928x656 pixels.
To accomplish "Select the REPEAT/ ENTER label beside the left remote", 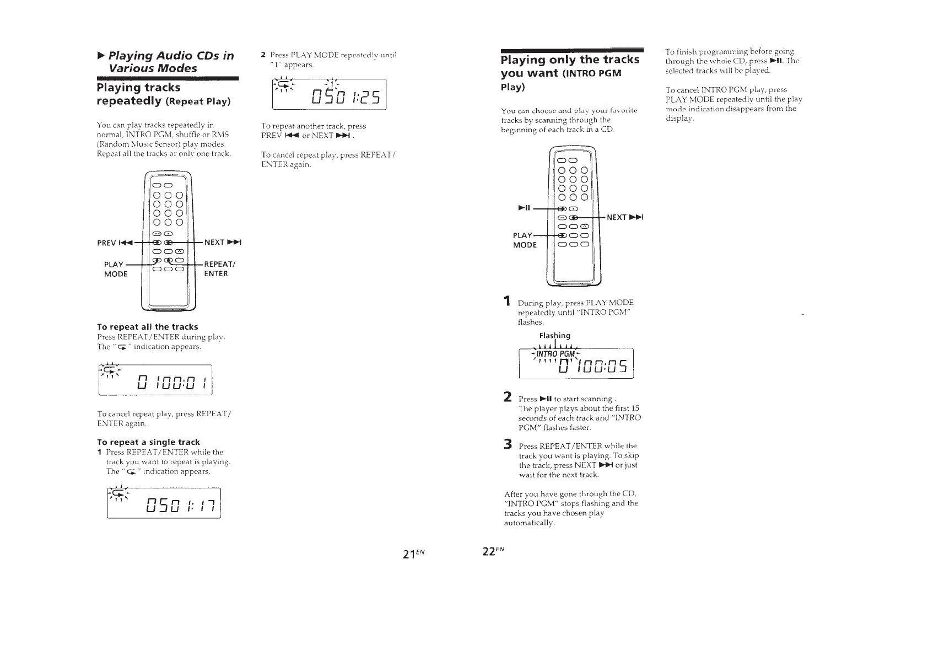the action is (219, 268).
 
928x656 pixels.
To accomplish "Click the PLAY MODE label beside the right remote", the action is (524, 240).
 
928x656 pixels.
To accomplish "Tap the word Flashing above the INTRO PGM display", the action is (554, 335).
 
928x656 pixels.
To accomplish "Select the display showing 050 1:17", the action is (164, 503).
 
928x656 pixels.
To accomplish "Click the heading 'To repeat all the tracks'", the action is (147, 327).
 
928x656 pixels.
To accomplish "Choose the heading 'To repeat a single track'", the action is (148, 442).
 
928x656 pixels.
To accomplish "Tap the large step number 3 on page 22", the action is (508, 445).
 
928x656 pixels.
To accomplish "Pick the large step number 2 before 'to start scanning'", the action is (508, 397).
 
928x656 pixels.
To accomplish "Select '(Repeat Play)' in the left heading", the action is (198, 101).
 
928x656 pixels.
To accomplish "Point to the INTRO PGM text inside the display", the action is (556, 353).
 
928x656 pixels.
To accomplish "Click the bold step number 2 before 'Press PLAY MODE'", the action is (263, 55).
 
